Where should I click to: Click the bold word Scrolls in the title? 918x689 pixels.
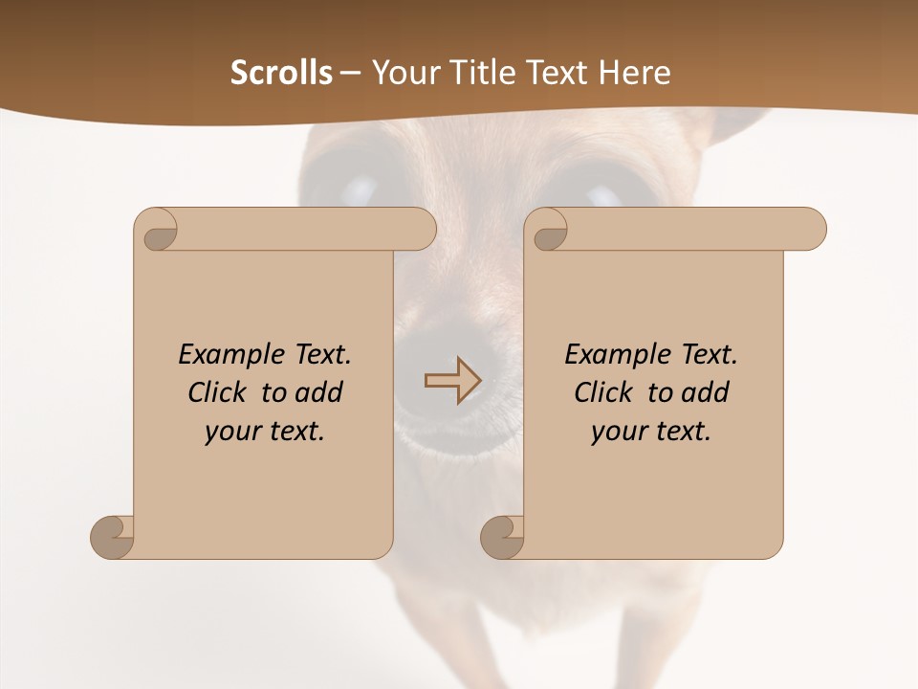[x=281, y=73]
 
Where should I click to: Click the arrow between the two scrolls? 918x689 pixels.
[x=452, y=381]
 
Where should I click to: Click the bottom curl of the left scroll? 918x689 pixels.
[x=113, y=537]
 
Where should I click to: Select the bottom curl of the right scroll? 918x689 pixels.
[x=503, y=537]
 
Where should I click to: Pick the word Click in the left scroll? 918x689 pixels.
[x=220, y=392]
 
